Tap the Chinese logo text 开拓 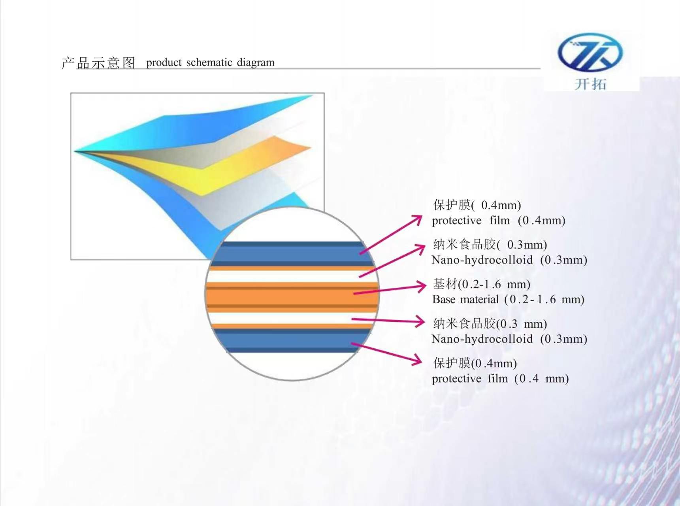pyautogui.click(x=590, y=84)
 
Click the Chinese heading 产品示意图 pyautogui.click(x=98, y=63)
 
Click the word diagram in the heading pyautogui.click(x=256, y=63)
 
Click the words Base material pyautogui.click(x=465, y=299)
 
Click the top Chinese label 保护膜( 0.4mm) pyautogui.click(x=477, y=205)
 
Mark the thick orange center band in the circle pyautogui.click(x=292, y=297)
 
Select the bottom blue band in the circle pyautogui.click(x=292, y=340)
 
